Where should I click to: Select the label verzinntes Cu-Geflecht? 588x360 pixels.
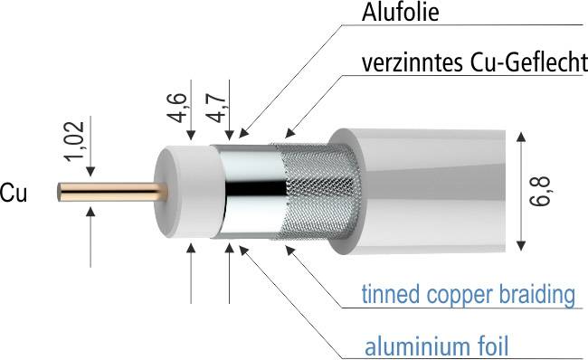(x=471, y=64)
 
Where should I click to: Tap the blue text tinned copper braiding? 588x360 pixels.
(x=469, y=294)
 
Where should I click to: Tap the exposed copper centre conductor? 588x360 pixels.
(x=109, y=192)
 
